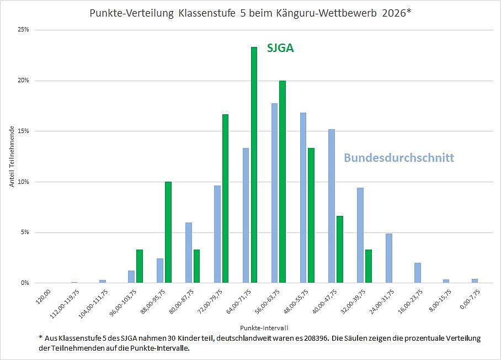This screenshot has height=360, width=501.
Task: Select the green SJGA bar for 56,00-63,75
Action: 283,182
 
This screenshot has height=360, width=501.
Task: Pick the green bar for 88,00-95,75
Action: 168,232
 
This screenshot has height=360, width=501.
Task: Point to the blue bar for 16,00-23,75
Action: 417,273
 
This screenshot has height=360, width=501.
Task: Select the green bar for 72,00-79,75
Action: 225,198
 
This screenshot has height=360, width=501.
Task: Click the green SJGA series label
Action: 280,48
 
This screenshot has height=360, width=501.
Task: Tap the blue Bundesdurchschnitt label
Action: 399,158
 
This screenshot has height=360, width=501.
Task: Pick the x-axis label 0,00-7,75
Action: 470,299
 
